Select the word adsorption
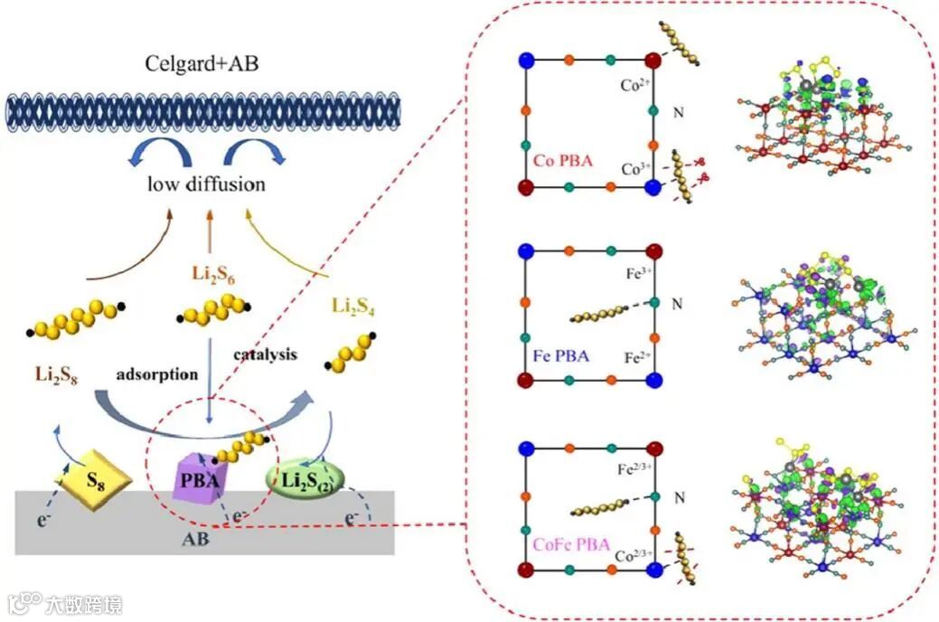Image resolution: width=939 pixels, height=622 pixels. coord(157,373)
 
